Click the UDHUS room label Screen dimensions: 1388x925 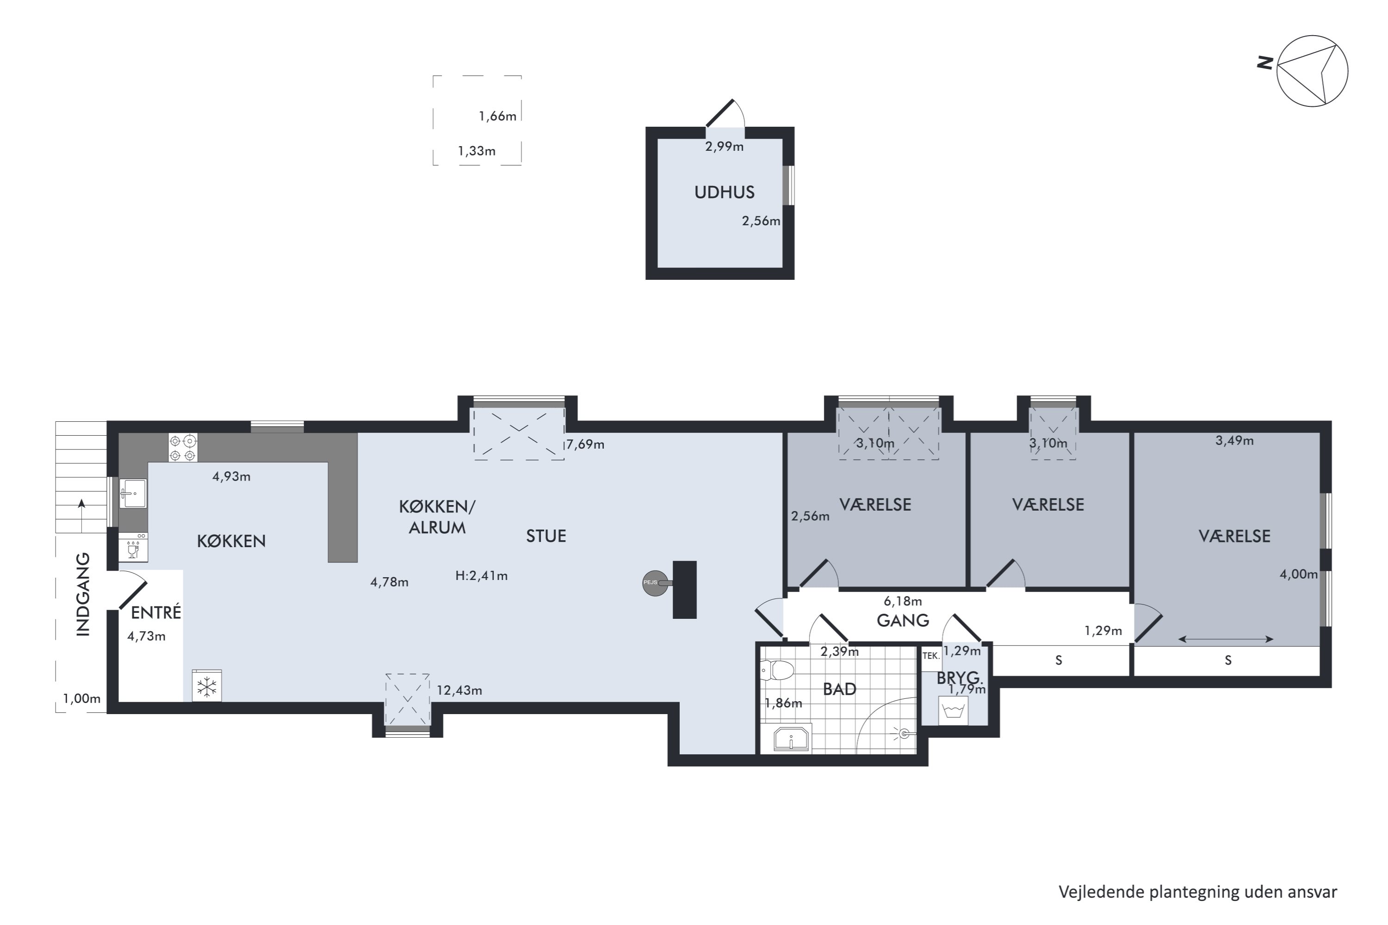tap(724, 192)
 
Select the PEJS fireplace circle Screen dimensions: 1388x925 tap(655, 583)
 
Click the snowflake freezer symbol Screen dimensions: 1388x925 tap(206, 686)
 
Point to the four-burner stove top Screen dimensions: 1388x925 tap(183, 447)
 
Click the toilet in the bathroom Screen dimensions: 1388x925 tap(777, 670)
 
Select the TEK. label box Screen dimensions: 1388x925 tap(930, 656)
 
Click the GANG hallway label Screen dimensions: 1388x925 tap(903, 621)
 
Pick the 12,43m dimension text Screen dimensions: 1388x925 tap(459, 690)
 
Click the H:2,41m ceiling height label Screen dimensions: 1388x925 tap(482, 576)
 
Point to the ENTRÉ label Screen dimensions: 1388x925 tap(156, 612)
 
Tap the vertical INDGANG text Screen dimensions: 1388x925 tap(83, 594)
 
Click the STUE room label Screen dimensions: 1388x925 tap(546, 536)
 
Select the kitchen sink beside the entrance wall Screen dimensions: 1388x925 tap(133, 493)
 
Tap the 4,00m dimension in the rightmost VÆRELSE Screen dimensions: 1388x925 tap(1298, 574)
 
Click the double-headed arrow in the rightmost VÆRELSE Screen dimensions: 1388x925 tap(1226, 639)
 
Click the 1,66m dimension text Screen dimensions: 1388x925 tap(497, 116)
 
